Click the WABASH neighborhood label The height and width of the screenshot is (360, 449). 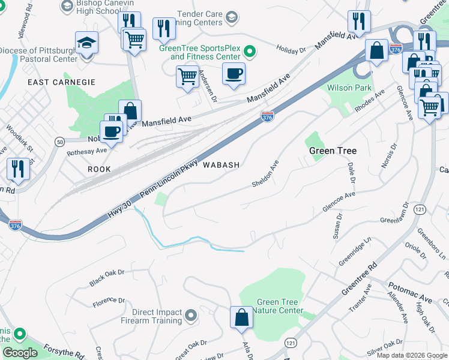(221, 164)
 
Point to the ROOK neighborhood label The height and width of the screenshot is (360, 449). (99, 170)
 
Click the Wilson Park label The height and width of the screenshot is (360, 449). (348, 87)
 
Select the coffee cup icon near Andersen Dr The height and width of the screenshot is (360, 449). (234, 74)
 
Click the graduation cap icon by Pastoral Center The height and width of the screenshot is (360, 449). (87, 43)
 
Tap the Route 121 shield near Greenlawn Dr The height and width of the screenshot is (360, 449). (420, 209)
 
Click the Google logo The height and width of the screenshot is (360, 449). (19, 353)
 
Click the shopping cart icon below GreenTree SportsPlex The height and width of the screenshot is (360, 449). (187, 77)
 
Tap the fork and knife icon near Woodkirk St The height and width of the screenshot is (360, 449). (18, 169)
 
